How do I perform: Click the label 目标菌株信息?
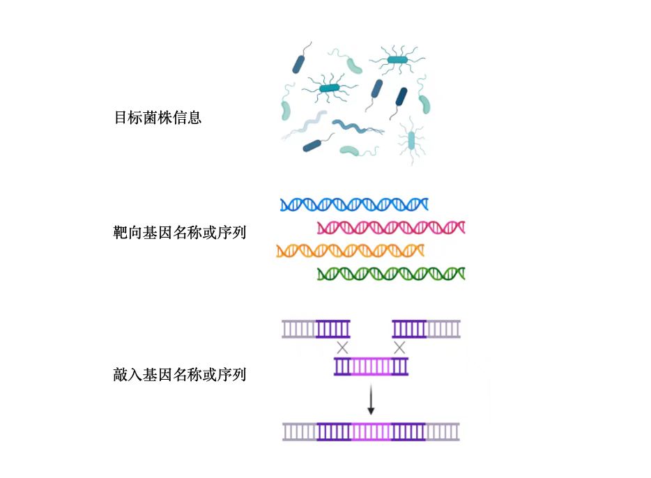(158, 118)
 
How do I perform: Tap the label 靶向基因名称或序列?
(179, 233)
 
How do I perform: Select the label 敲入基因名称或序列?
(179, 375)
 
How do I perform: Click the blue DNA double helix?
(353, 204)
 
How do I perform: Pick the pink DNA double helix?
(390, 227)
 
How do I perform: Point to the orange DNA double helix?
(350, 250)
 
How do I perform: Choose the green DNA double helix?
(390, 273)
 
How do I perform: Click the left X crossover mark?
(342, 347)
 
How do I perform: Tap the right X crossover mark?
(399, 347)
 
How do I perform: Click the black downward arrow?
(371, 401)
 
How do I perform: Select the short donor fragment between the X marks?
(371, 366)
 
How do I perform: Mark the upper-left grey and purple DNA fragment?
(316, 328)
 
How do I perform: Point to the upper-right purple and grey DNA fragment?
(426, 328)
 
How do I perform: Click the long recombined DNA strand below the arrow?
(371, 432)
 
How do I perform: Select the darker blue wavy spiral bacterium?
(353, 127)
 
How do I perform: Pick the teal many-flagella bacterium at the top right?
(397, 60)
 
